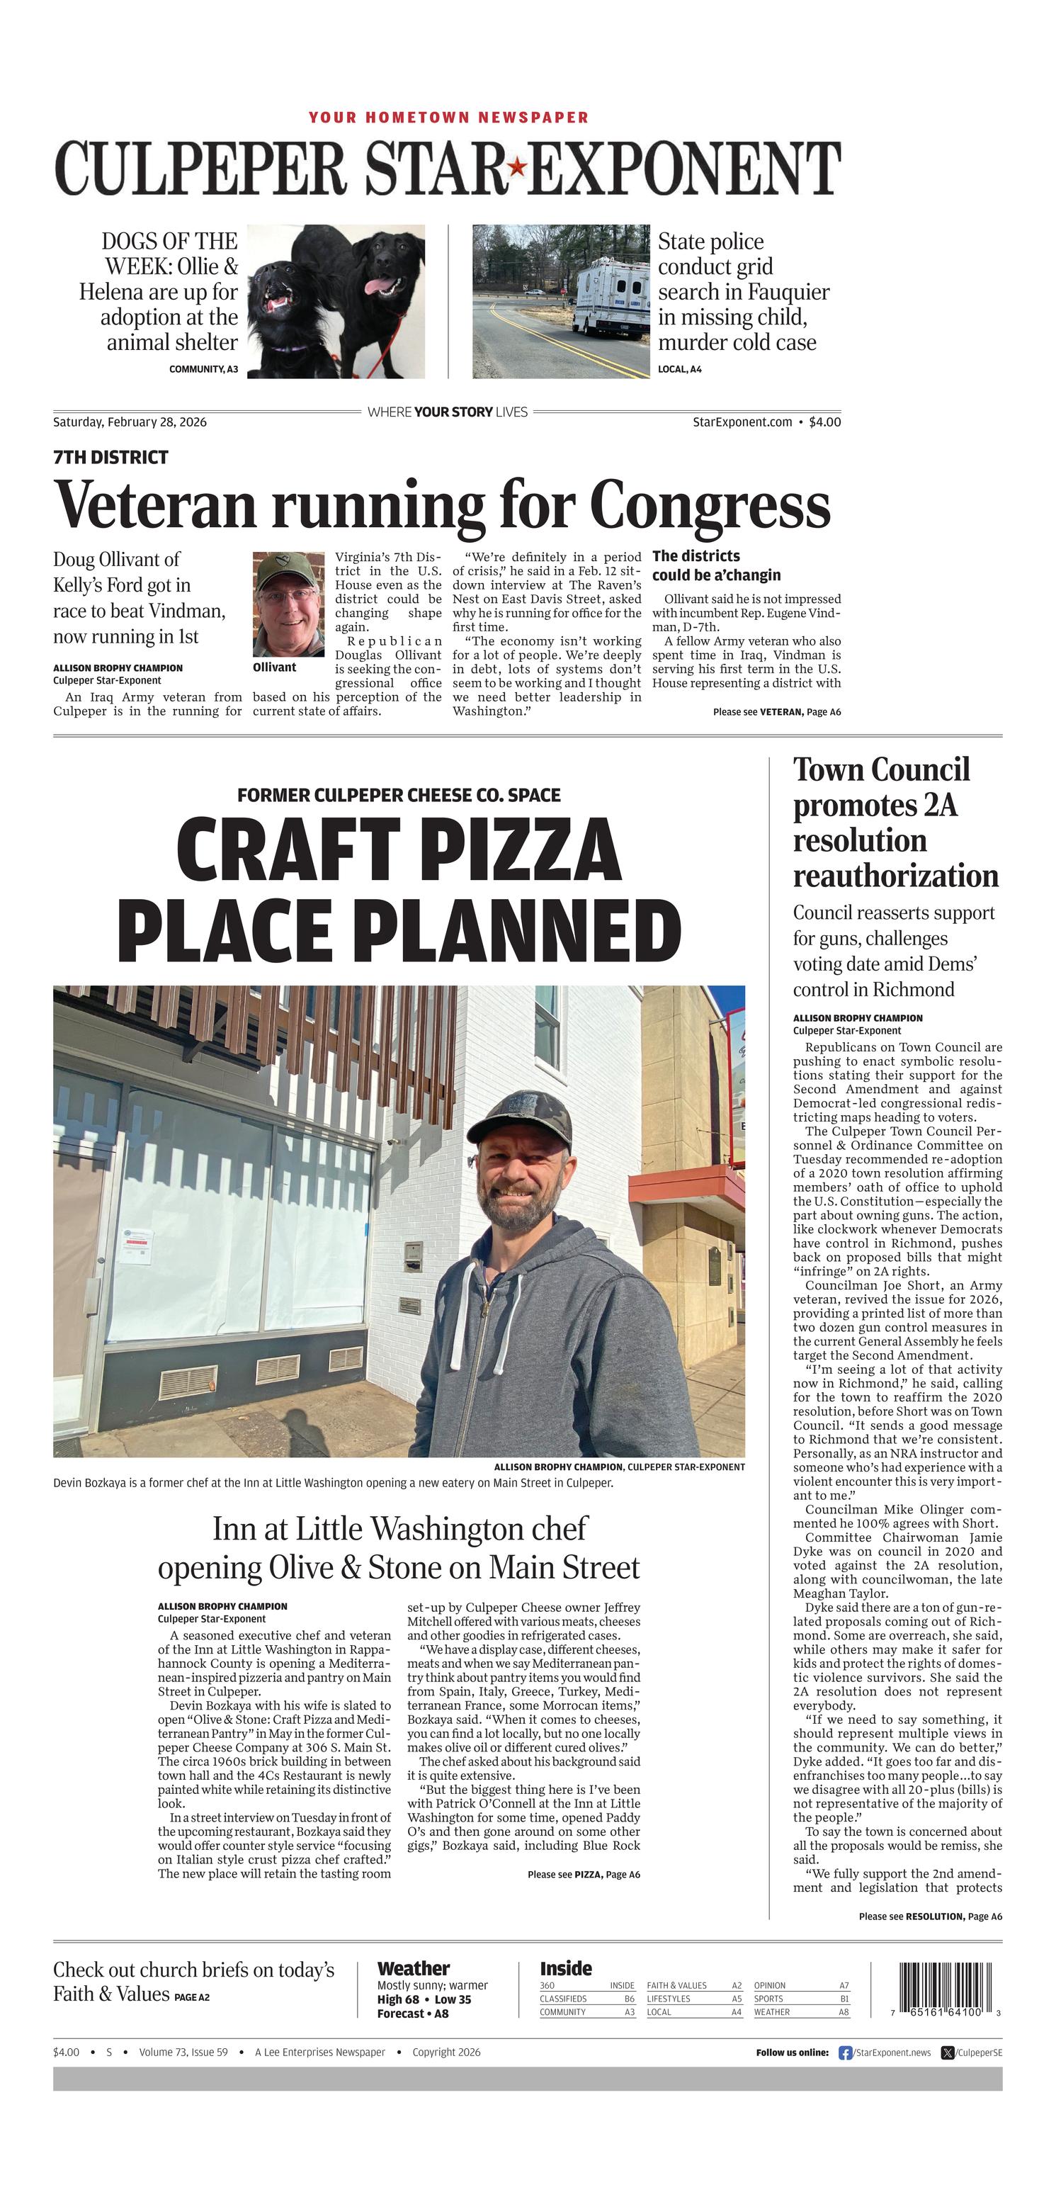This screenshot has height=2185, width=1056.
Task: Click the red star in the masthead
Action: [x=515, y=168]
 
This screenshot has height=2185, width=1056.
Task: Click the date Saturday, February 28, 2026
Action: [x=130, y=422]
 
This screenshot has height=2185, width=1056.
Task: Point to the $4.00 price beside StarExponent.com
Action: [x=824, y=422]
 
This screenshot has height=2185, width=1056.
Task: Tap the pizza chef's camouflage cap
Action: [x=519, y=1114]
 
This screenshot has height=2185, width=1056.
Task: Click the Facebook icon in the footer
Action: [x=845, y=2053]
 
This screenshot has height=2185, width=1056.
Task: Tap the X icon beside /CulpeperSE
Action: [x=948, y=2053]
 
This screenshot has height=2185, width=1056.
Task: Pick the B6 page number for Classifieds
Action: [x=630, y=1999]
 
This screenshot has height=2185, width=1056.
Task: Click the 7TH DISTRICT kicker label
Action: [x=110, y=458]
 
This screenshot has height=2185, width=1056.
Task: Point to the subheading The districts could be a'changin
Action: [x=716, y=566]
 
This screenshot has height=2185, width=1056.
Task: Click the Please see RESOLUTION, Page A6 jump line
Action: [x=930, y=1916]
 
